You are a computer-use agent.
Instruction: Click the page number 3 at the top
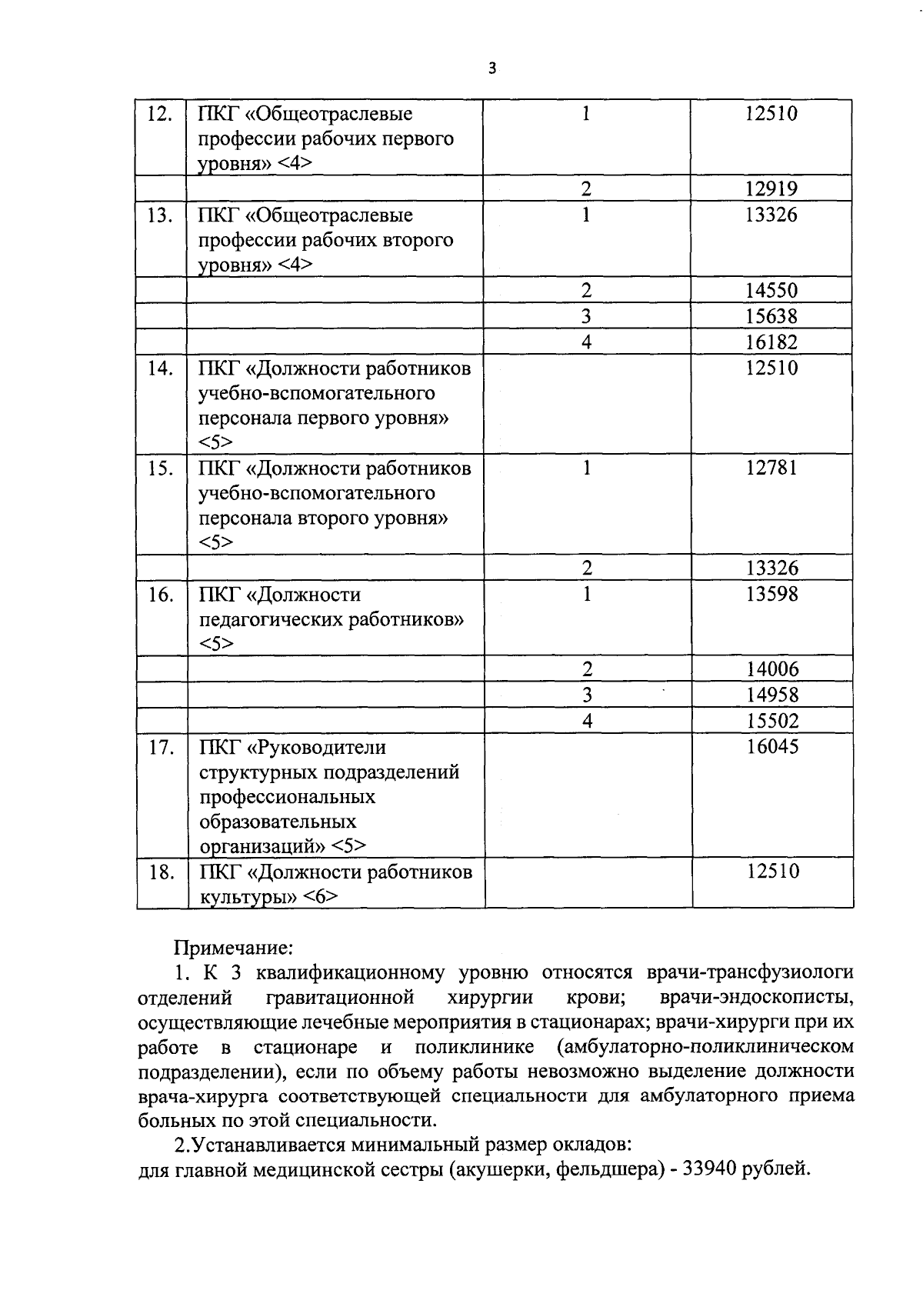493,68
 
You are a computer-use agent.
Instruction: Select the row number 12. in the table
160,114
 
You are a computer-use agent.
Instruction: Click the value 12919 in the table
771,189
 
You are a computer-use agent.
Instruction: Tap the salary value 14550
771,291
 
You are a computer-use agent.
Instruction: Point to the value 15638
771,316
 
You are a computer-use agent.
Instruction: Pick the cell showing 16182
771,342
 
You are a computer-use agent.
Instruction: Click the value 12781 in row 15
771,468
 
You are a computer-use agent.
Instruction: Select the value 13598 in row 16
771,594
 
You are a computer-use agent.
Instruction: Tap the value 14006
772,669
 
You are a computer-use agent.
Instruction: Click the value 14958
772,695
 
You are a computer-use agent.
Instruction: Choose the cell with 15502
772,721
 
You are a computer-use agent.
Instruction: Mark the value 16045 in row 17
772,747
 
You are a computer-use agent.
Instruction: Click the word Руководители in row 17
322,747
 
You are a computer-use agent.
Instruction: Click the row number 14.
160,368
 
